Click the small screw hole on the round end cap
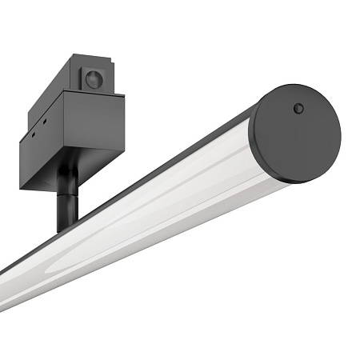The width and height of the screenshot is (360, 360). point(298,108)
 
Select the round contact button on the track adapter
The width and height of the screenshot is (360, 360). point(94,79)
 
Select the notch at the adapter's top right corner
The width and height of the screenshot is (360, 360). point(107,61)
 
